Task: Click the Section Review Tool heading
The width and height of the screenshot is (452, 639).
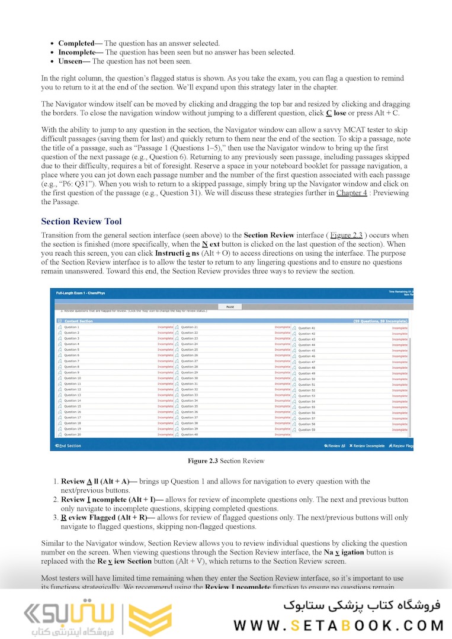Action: (81, 222)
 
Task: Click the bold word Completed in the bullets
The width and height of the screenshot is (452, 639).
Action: (76, 43)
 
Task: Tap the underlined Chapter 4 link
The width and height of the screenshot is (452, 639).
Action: (351, 193)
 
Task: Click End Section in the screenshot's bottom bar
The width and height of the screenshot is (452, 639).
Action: (68, 446)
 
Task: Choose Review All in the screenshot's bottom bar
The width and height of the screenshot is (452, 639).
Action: (335, 446)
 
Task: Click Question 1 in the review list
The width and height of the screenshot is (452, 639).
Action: (71, 327)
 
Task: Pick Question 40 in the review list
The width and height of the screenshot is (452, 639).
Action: (189, 434)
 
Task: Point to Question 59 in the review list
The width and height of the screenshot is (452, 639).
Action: (306, 430)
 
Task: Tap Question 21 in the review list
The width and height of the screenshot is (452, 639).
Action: (189, 327)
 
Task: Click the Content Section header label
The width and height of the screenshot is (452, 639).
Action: (78, 321)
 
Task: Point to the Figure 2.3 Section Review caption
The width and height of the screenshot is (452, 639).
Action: (226, 461)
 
